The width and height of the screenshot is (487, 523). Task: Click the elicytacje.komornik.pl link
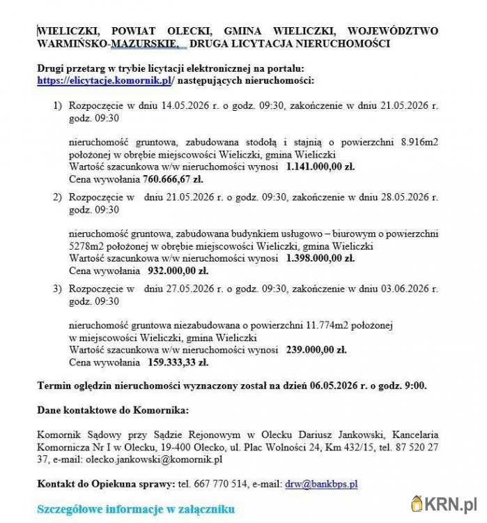105,81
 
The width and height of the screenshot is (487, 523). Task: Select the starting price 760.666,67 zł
173,179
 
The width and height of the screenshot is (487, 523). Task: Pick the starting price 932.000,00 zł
178,271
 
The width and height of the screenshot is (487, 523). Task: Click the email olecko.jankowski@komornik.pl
153,459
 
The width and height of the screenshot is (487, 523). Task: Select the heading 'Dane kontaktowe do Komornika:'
112,409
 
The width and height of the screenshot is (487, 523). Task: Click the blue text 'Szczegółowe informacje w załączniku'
136,508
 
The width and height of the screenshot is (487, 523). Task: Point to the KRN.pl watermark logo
445,503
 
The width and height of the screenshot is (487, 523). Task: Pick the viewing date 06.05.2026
335,385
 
